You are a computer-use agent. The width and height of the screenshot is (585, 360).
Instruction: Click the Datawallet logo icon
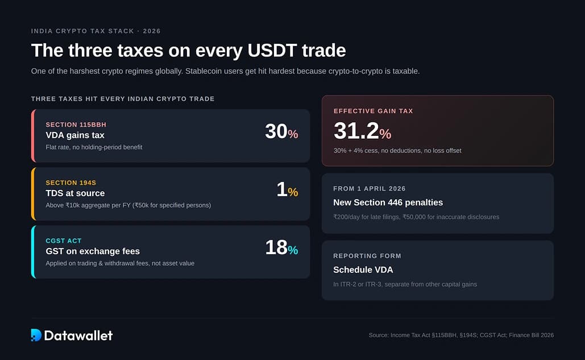point(36,335)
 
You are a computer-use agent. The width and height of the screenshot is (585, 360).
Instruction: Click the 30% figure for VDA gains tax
point(281,132)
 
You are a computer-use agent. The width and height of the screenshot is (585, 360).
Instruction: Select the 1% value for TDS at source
point(287,190)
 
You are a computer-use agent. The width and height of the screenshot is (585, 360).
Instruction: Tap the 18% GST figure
point(281,248)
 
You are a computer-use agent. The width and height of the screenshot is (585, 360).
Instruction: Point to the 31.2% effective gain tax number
point(362,131)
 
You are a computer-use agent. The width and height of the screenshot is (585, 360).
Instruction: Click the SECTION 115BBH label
point(76,125)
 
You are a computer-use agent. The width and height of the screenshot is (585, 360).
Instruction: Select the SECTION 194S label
point(70,183)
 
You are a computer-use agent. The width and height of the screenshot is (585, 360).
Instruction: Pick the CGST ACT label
point(64,241)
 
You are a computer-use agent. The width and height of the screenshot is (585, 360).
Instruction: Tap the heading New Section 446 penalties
point(388,202)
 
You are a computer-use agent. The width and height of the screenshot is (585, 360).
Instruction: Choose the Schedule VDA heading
point(363,270)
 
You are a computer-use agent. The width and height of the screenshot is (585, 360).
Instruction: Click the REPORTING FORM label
point(367,256)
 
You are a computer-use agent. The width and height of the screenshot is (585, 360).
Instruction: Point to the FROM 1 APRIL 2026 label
point(370,189)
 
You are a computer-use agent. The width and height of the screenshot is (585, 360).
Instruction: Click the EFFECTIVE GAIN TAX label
point(373,111)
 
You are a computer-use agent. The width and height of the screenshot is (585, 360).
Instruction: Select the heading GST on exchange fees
point(93,251)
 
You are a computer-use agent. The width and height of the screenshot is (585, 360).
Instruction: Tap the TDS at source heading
point(75,193)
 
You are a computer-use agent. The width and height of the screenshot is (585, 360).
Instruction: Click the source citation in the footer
point(461,335)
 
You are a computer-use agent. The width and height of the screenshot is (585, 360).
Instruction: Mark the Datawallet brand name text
point(78,335)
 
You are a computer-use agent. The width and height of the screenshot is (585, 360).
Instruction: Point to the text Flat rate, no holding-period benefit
point(94,147)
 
